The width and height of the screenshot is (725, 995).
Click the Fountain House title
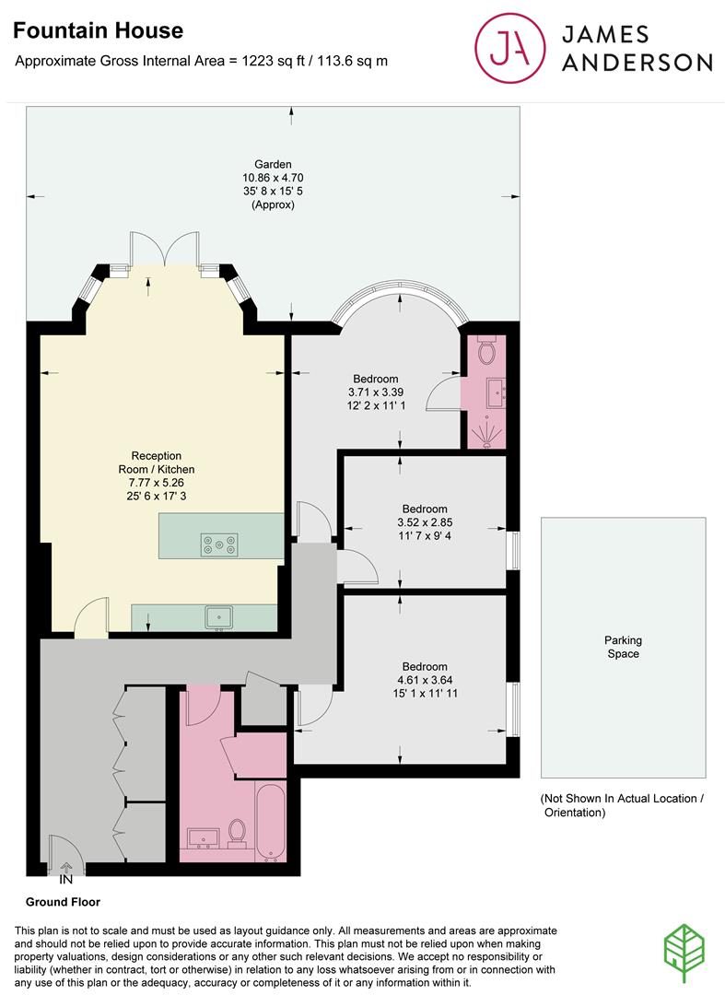tap(98, 31)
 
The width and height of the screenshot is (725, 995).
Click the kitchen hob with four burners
tap(219, 545)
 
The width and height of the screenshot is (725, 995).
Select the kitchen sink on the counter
tap(219, 616)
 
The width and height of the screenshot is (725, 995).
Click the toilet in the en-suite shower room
tap(487, 351)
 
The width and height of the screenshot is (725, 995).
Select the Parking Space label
tap(623, 647)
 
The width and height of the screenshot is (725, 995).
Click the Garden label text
tap(273, 165)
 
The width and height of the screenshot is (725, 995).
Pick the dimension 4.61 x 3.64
tap(425, 681)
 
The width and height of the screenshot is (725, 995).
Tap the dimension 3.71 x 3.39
tap(376, 392)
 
